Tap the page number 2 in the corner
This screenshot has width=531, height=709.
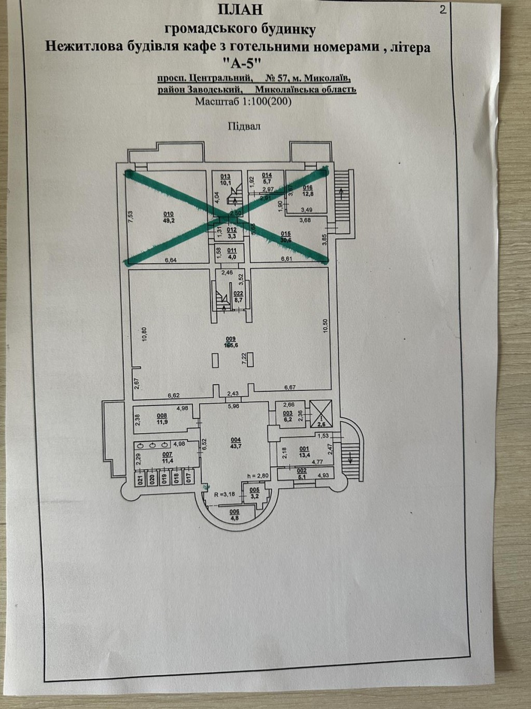[x=442, y=9]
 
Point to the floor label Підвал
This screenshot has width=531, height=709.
[x=243, y=126]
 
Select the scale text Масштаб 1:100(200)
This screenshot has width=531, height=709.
[x=243, y=102]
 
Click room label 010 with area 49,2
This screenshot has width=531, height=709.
[x=169, y=216]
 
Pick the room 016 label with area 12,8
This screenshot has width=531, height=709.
[x=308, y=191]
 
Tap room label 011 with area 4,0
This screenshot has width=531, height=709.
[x=231, y=253]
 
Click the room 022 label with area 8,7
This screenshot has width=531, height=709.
[x=239, y=296]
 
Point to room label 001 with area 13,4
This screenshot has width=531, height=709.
[x=304, y=452]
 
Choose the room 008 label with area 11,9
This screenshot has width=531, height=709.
[x=162, y=418]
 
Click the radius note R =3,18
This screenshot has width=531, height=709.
[x=228, y=494]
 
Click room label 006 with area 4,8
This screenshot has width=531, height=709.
[x=234, y=514]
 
